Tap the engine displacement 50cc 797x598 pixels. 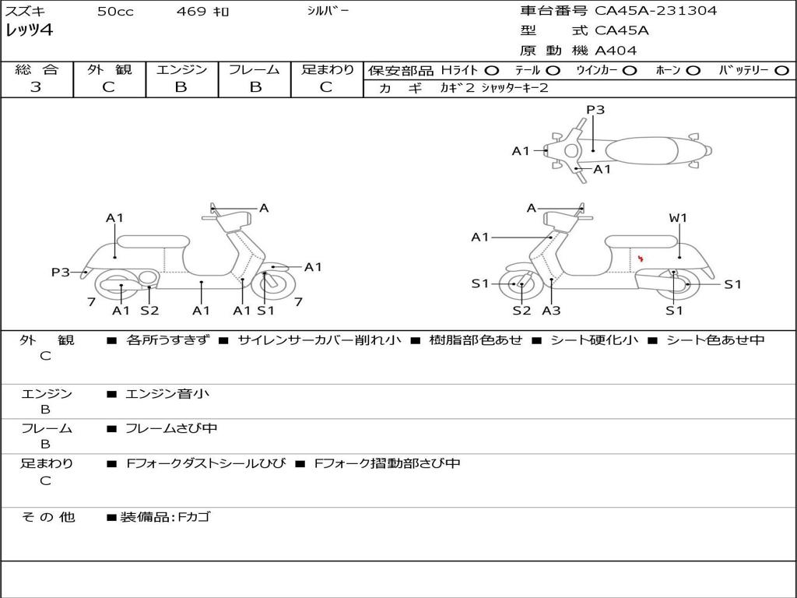pyautogui.click(x=114, y=12)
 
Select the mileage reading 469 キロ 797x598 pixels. pyautogui.click(x=203, y=12)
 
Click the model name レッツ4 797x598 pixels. pyautogui.click(x=29, y=30)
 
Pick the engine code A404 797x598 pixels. pyautogui.click(x=616, y=51)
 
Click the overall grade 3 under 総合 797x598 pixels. pyautogui.click(x=36, y=87)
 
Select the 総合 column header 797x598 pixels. pyautogui.click(x=36, y=70)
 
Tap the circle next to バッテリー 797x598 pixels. pyautogui.click(x=782, y=70)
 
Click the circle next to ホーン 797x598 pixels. pyautogui.click(x=693, y=70)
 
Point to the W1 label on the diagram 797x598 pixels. pyautogui.click(x=679, y=218)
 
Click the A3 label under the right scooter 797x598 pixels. pyautogui.click(x=551, y=311)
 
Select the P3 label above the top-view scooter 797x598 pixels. pyautogui.click(x=595, y=110)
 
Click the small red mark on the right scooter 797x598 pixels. pyautogui.click(x=640, y=258)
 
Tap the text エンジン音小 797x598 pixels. pyautogui.click(x=167, y=394)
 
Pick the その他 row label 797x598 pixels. pyautogui.click(x=47, y=517)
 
